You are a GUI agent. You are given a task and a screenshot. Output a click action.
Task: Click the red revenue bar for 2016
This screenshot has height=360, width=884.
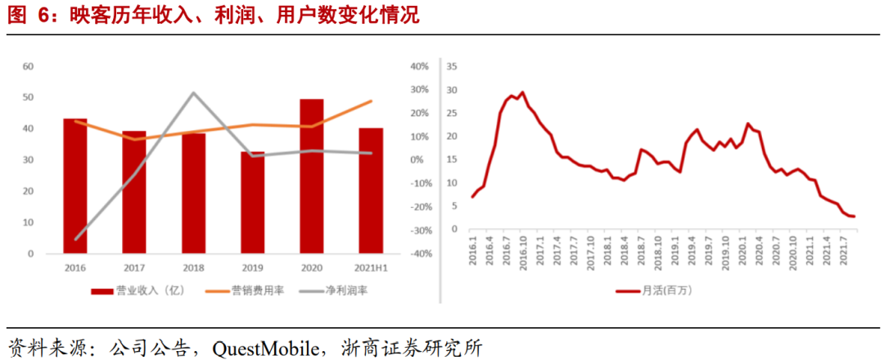tap(75, 187)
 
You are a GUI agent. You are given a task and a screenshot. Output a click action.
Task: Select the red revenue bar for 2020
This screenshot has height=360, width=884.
tap(311, 176)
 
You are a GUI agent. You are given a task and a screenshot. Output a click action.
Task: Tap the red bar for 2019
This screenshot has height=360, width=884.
tap(252, 203)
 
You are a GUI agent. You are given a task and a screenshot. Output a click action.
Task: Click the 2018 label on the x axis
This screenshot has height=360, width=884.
tap(193, 268)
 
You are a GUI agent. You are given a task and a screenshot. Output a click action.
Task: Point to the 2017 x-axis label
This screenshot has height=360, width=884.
tap(134, 268)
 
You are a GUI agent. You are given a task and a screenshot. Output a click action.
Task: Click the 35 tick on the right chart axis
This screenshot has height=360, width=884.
tap(452, 66)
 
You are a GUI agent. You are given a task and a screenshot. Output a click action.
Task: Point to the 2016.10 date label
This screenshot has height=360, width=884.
tap(522, 250)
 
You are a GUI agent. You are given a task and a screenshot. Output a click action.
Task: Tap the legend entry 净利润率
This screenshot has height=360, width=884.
tap(344, 290)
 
